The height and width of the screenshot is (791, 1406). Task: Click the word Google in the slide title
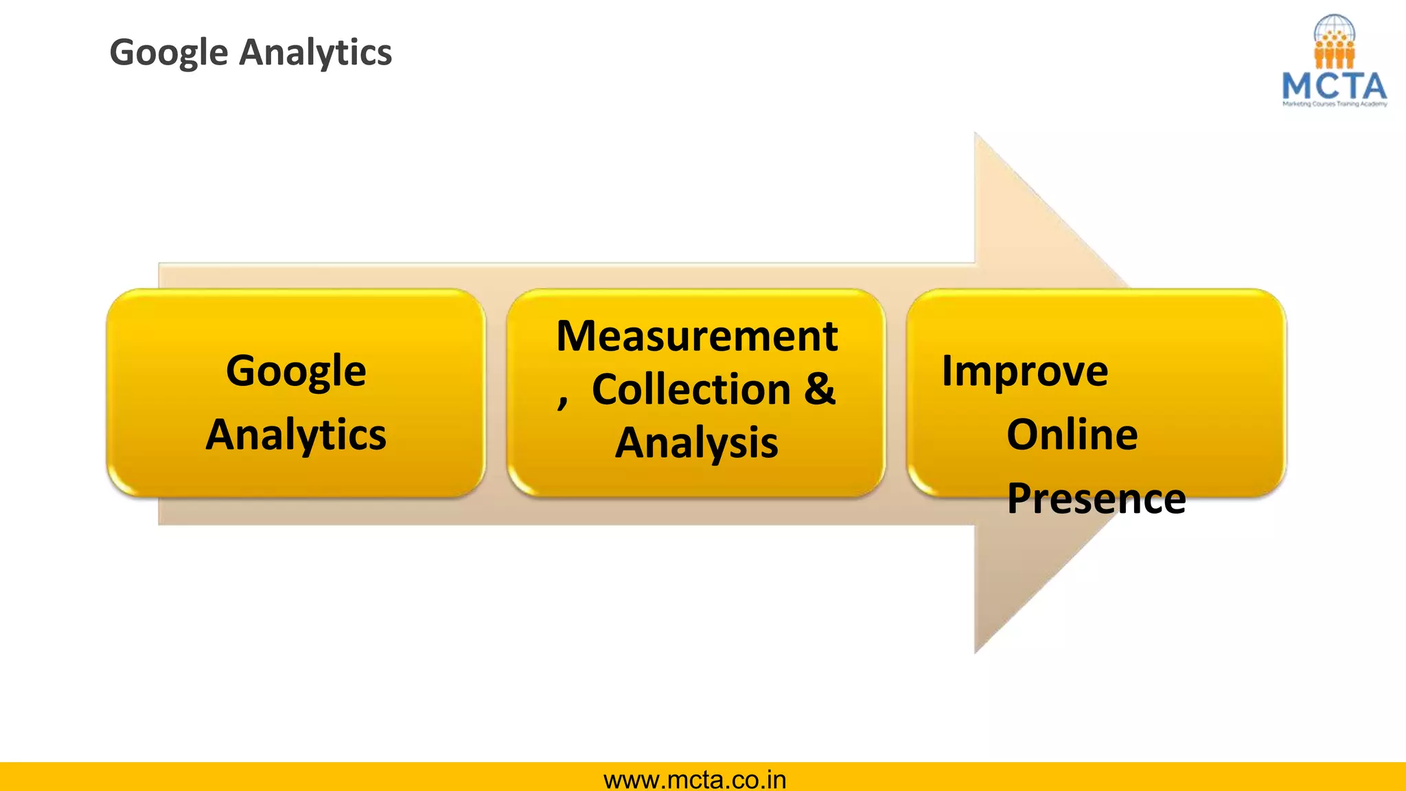coord(169,53)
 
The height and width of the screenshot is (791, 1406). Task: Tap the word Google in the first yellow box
coord(296,371)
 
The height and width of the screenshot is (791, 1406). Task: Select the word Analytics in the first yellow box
coord(296,435)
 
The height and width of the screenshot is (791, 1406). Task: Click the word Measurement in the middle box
coord(697,336)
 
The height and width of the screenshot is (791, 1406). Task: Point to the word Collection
coord(691,389)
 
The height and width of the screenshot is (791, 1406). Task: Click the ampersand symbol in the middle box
coord(820,389)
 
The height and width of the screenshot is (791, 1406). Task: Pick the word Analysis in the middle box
coord(697,443)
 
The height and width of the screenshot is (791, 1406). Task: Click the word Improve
coord(1024,371)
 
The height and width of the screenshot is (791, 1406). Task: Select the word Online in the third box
coord(1072,435)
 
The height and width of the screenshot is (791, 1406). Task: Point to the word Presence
coord(1096,498)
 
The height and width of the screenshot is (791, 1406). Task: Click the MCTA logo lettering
coord(1334,87)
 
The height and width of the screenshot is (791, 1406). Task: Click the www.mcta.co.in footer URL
coord(695,780)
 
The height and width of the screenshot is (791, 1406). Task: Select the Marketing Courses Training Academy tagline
coord(1335,104)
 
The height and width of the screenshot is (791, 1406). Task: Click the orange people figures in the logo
coord(1334,54)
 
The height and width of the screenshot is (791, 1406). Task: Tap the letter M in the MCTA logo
coord(1297,87)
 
